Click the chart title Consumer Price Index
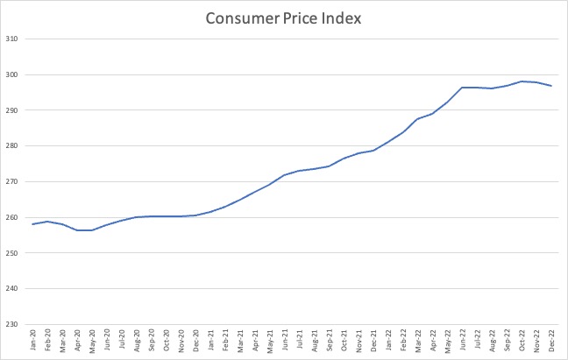pyautogui.click(x=283, y=18)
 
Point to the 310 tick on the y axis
pyautogui.click(x=17, y=39)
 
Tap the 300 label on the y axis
pyautogui.click(x=17, y=74)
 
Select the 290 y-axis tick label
pyautogui.click(x=17, y=110)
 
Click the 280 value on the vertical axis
pyautogui.click(x=17, y=146)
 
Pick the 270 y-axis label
pyautogui.click(x=17, y=182)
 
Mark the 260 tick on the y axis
pyautogui.click(x=17, y=218)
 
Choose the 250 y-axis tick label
pyautogui.click(x=17, y=253)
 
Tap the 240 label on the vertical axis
pyautogui.click(x=17, y=289)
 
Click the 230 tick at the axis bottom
pyautogui.click(x=17, y=325)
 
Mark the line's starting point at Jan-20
pyautogui.click(x=33, y=224)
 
